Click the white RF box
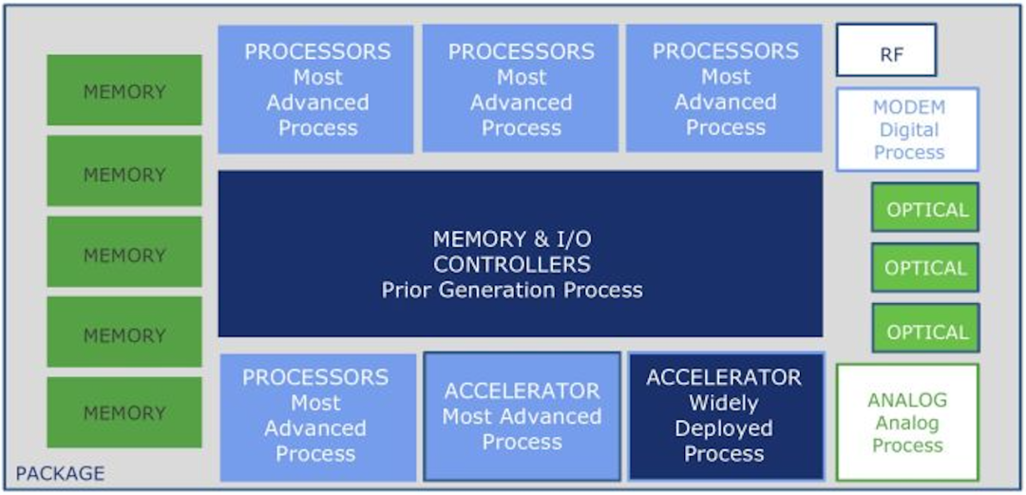885,50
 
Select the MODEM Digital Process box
907,130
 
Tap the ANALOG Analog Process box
907,423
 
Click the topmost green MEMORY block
124,91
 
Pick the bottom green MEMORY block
124,413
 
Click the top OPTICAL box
925,209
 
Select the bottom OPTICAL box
925,331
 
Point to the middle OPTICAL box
925,268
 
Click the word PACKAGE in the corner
61,473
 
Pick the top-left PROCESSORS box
315,89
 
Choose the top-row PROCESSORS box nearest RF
724,89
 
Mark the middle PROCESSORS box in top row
521,89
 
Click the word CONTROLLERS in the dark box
512,264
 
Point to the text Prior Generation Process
512,290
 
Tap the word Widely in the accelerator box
724,403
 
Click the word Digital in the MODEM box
908,130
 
